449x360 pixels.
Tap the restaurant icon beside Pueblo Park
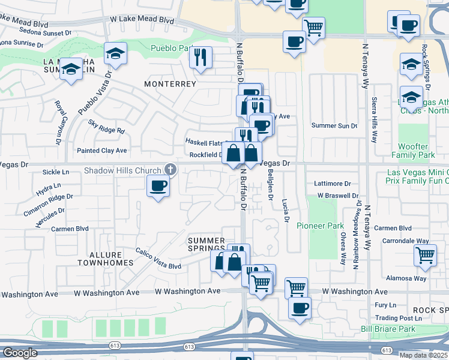pos(200,58)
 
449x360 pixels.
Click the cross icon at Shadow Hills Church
pos(170,170)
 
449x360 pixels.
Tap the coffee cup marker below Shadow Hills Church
pos(158,186)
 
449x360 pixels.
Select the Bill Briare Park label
pos(388,329)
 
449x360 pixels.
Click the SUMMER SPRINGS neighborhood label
pos(206,244)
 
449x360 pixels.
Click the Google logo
pos(19,353)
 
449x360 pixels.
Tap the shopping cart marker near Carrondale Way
pos(425,255)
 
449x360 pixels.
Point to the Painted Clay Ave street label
pos(101,150)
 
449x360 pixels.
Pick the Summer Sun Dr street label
pos(334,125)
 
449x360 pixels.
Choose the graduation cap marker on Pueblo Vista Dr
pos(116,54)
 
